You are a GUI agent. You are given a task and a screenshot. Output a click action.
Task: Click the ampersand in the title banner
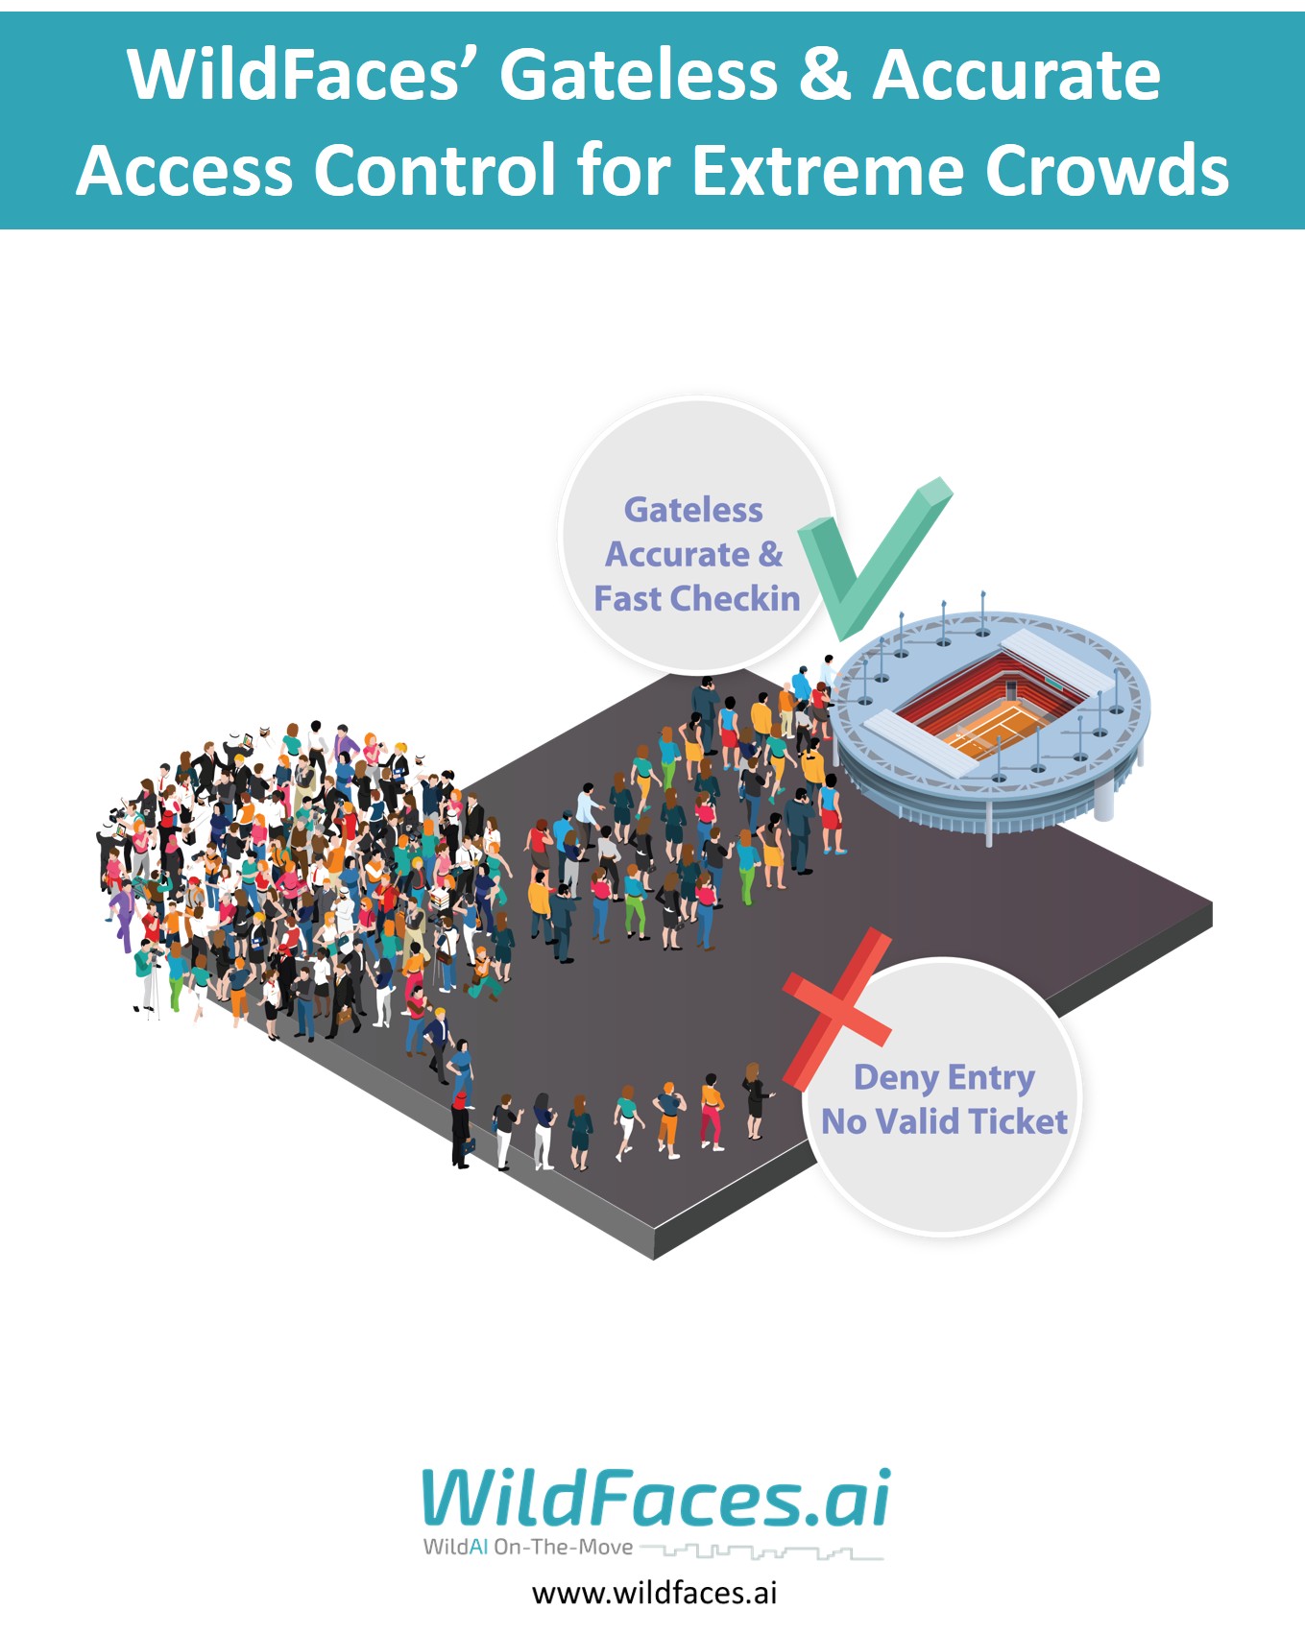click(824, 75)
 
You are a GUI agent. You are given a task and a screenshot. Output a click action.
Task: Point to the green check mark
click(869, 557)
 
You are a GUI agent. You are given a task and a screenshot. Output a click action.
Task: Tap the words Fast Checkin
click(696, 599)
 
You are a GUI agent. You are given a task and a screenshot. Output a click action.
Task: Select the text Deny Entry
click(944, 1077)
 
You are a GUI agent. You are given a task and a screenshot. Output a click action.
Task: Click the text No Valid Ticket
click(944, 1121)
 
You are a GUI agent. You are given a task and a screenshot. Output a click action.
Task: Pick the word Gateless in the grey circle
click(693, 510)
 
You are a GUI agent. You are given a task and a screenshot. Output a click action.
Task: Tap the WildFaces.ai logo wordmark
click(656, 1499)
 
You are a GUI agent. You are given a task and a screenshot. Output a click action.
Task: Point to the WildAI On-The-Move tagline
click(528, 1548)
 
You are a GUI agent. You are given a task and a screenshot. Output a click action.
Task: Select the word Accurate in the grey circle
click(677, 555)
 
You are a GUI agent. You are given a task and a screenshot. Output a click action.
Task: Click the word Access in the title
click(184, 171)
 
